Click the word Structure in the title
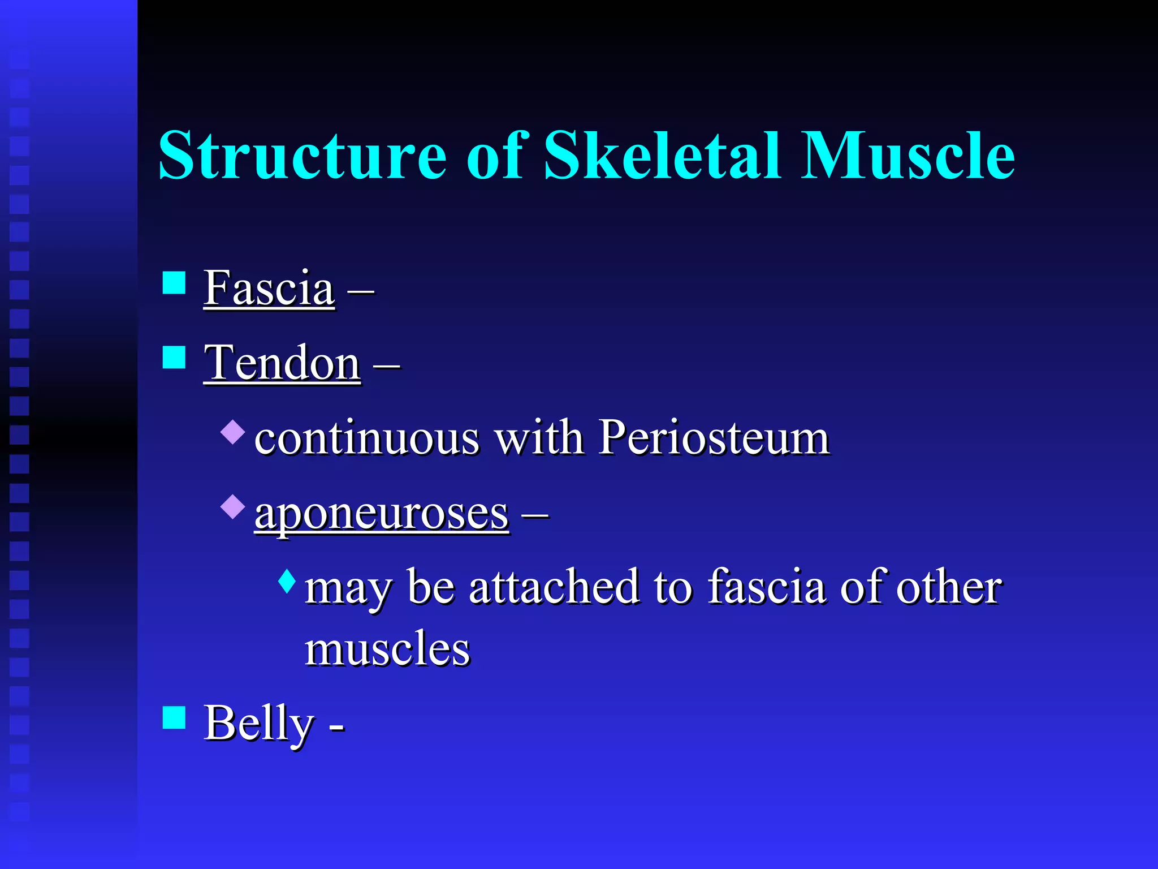(x=303, y=155)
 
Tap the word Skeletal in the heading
(x=662, y=155)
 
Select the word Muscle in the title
(x=908, y=155)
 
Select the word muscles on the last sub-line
(x=387, y=649)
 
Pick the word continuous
(x=367, y=438)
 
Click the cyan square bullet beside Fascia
(x=174, y=283)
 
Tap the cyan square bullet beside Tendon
(x=174, y=358)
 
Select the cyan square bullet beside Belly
(x=174, y=717)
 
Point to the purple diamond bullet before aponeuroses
(x=233, y=506)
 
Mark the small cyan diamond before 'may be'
(x=287, y=581)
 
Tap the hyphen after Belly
(x=337, y=727)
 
